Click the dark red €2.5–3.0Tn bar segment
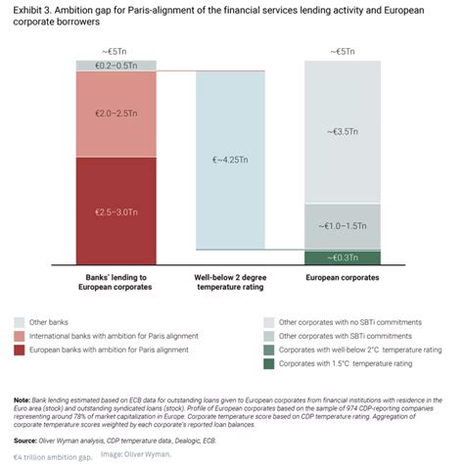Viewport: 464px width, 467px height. [116, 211]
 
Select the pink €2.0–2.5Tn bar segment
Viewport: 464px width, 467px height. [116, 116]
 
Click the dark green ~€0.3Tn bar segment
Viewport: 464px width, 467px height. [343, 257]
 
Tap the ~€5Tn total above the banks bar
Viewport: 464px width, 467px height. [116, 50]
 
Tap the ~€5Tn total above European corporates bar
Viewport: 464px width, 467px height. [343, 50]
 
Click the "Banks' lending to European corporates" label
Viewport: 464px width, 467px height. [116, 284]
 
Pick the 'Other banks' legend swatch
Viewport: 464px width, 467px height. [21, 321]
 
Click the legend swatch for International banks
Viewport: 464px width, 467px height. [21, 336]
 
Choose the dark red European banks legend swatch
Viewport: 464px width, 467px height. [21, 350]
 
